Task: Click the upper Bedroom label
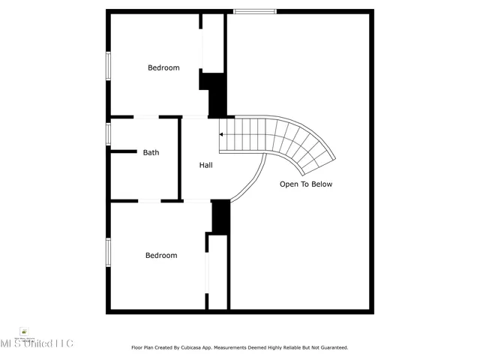click(163, 67)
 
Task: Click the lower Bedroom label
click(161, 255)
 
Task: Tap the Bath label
click(151, 152)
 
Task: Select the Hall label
click(205, 165)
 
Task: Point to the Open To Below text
click(305, 184)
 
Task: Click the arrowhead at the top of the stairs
click(221, 134)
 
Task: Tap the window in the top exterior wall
click(254, 11)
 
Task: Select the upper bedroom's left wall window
click(108, 64)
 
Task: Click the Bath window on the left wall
click(108, 133)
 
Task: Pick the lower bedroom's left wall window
click(108, 252)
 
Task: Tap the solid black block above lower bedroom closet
click(220, 217)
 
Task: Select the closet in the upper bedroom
click(213, 43)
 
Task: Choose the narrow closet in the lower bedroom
click(217, 271)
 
